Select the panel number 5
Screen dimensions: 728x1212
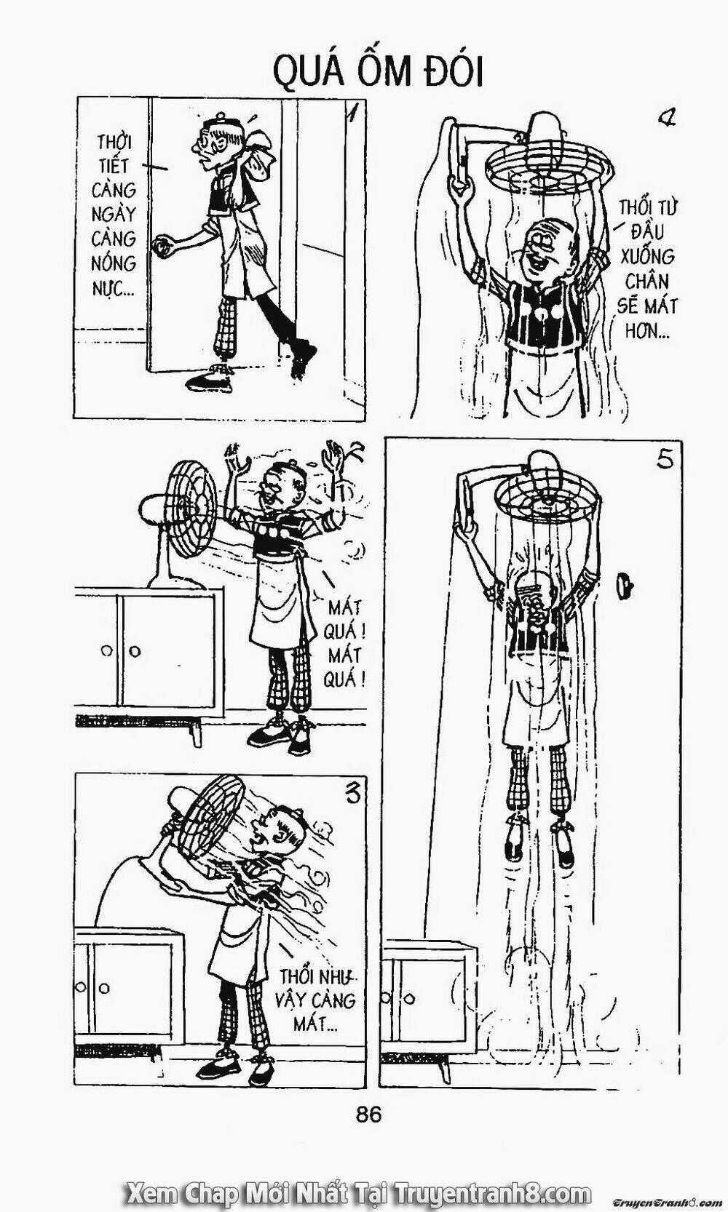tap(665, 459)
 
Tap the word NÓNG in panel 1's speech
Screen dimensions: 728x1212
tap(113, 263)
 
